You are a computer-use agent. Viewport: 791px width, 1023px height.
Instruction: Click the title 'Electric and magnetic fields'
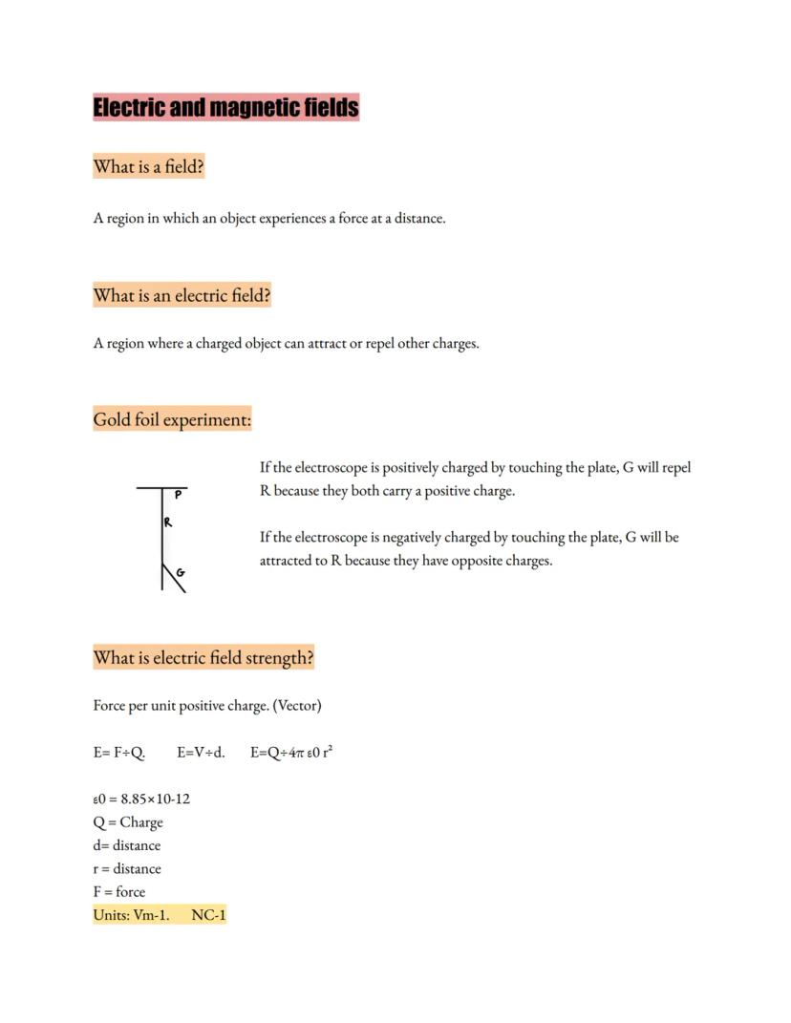[225, 107]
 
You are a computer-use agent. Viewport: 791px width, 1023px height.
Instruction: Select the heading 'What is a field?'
[148, 167]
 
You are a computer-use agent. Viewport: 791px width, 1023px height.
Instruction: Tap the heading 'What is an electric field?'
[182, 296]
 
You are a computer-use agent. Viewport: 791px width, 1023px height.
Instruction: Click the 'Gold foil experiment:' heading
[172, 419]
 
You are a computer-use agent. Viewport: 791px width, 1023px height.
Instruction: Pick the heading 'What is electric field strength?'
[203, 658]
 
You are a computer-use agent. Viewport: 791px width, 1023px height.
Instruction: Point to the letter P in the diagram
[178, 495]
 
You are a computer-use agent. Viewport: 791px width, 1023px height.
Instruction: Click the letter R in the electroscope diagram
[167, 522]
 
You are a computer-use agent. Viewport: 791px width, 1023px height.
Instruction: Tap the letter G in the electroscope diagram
[181, 573]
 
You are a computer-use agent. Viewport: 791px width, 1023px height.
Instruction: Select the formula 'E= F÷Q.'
[119, 753]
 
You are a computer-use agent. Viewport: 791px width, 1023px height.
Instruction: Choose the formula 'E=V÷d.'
[201, 753]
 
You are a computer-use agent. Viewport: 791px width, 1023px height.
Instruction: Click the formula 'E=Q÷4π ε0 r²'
[291, 753]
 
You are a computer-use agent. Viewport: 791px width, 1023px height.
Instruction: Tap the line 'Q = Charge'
[128, 822]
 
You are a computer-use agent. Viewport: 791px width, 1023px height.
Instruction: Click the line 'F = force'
[119, 892]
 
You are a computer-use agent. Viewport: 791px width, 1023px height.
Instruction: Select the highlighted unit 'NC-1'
[208, 915]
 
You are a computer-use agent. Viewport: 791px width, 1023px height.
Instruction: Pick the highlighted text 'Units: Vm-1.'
[131, 915]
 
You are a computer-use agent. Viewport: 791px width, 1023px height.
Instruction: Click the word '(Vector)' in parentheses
[297, 706]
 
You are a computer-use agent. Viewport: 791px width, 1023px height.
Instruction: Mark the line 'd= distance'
[127, 845]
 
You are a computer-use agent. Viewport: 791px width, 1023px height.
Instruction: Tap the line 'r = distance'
[127, 869]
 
